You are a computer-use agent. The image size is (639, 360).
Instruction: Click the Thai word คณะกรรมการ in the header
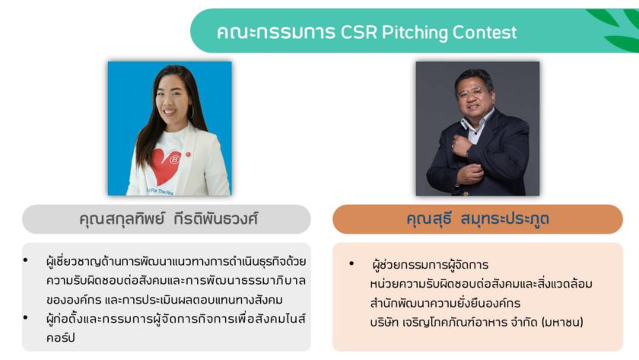click(x=276, y=32)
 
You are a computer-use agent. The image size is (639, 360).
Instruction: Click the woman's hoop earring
click(x=191, y=111)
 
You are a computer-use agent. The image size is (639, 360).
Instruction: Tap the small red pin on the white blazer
click(x=188, y=154)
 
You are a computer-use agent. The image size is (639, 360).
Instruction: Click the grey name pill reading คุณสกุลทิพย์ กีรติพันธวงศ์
click(x=167, y=219)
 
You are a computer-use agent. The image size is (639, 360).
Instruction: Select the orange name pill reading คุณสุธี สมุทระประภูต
click(x=478, y=219)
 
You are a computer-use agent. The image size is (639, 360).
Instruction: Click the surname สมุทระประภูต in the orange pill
click(x=504, y=219)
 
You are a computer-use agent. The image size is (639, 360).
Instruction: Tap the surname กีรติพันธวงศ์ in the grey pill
click(x=216, y=219)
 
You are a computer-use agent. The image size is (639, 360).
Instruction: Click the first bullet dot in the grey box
click(x=26, y=260)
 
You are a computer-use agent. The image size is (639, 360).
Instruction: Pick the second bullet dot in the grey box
click(x=26, y=317)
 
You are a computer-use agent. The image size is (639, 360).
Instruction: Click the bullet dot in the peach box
click(x=351, y=263)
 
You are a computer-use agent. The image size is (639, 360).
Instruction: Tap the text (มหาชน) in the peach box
click(x=562, y=322)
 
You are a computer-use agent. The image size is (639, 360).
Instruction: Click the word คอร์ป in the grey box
click(x=60, y=338)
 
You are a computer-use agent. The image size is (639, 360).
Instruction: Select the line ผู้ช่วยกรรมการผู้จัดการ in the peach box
click(x=430, y=265)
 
